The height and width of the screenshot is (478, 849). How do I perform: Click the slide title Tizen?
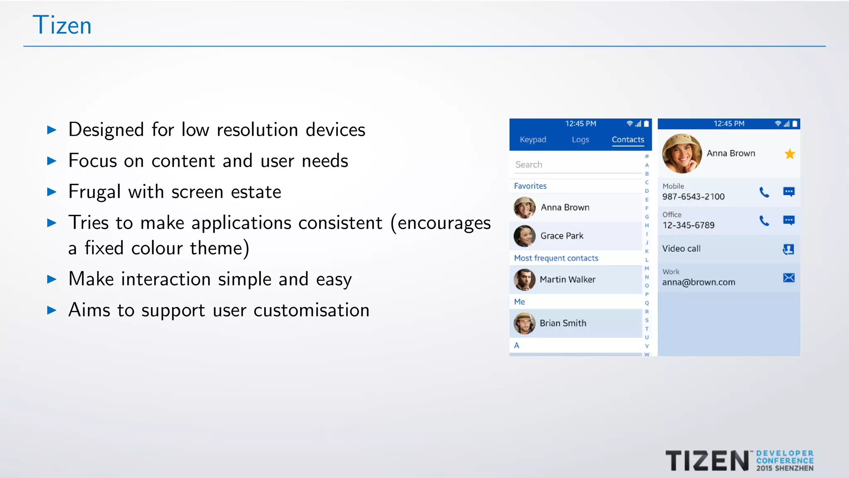(62, 25)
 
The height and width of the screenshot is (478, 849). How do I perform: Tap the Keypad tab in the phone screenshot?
(533, 140)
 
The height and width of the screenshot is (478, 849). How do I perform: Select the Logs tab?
(580, 140)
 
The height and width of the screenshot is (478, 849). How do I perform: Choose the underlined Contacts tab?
(628, 140)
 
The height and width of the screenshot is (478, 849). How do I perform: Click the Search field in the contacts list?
(576, 165)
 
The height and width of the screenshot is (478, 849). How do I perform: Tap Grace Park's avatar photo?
(524, 236)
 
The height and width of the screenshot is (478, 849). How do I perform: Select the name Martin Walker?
(567, 280)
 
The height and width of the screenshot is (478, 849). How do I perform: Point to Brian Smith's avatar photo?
(524, 323)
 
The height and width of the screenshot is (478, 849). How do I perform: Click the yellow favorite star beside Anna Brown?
(789, 154)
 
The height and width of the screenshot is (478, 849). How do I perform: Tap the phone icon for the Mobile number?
(764, 192)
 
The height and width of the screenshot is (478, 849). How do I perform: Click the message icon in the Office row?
(788, 220)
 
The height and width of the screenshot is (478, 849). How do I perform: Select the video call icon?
(788, 249)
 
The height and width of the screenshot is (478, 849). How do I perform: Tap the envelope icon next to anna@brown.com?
(788, 278)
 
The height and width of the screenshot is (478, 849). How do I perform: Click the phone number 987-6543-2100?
(693, 197)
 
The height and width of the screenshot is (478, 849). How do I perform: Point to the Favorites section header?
(530, 186)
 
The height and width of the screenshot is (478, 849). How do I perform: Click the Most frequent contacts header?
(556, 258)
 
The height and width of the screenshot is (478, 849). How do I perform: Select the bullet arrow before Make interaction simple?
(52, 279)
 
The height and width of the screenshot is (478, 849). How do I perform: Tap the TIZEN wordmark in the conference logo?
(707, 461)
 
